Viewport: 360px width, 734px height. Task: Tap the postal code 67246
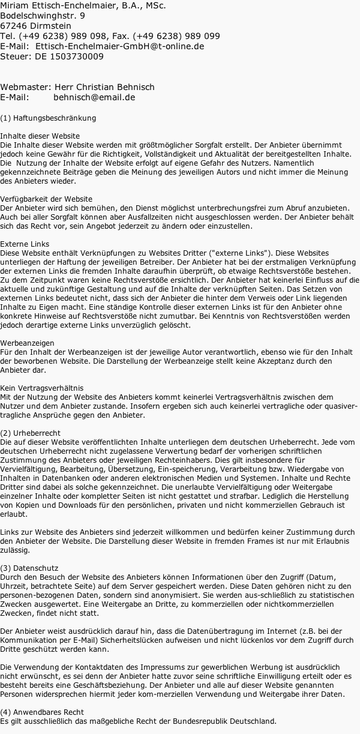[x=13, y=26]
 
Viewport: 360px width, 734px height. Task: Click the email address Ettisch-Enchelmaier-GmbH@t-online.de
[x=120, y=46]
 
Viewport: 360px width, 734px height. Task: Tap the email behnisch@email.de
[x=94, y=97]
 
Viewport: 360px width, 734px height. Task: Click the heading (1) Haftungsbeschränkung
[x=48, y=118]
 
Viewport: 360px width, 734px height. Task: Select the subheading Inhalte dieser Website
[x=40, y=136]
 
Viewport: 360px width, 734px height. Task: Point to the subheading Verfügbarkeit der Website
[x=46, y=199]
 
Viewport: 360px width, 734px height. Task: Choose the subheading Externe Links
[x=25, y=244]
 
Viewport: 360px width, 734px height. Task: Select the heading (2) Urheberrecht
[x=31, y=433]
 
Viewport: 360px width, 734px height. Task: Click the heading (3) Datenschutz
[x=29, y=567]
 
